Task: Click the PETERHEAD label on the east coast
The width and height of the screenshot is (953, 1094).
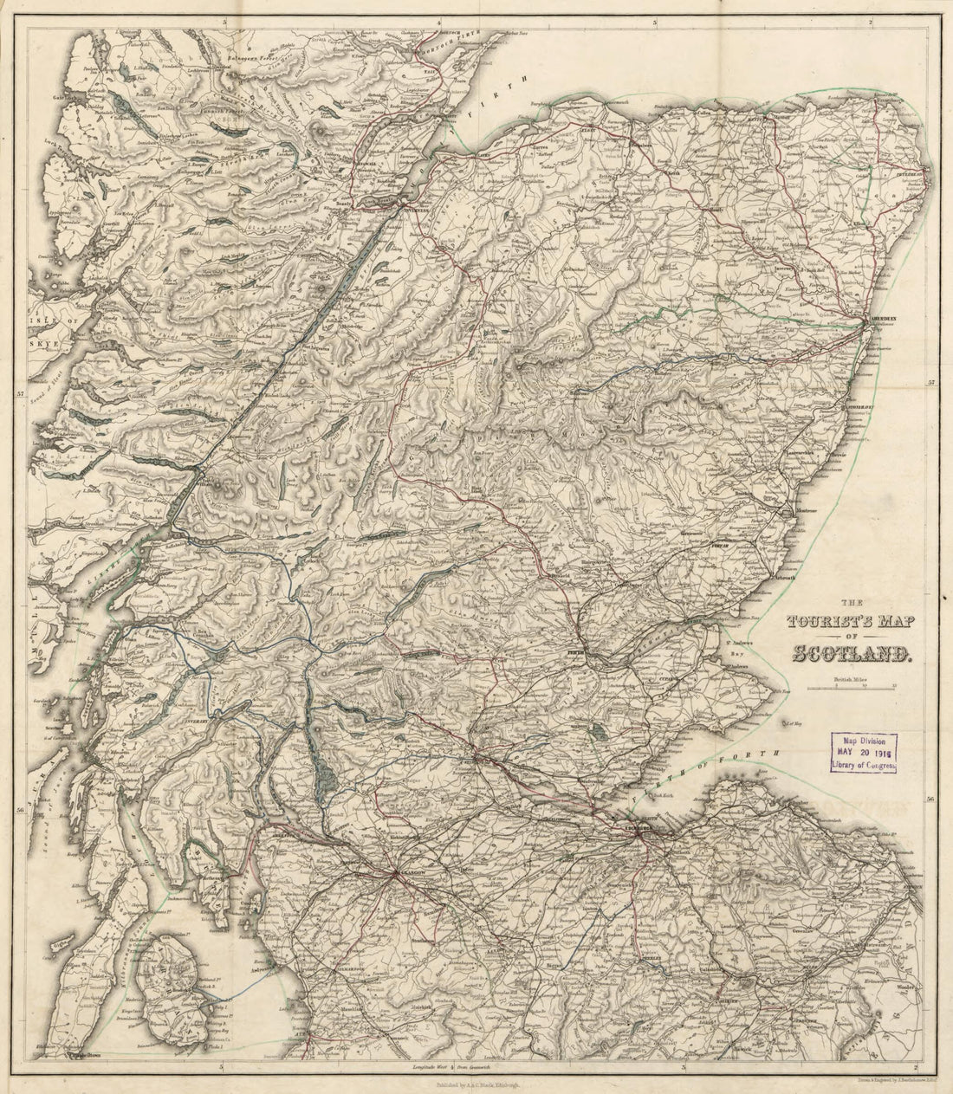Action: click(917, 173)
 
